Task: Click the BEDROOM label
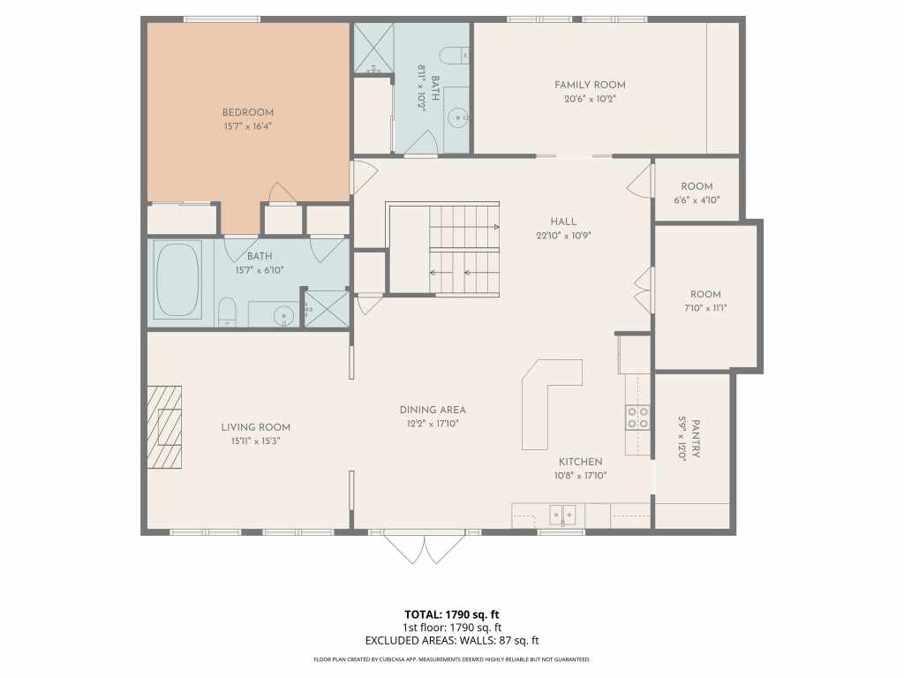(x=248, y=112)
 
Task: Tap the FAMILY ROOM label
(x=590, y=85)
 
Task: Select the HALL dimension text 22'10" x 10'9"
(x=564, y=235)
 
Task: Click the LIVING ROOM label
(x=255, y=427)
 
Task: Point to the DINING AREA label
(x=433, y=410)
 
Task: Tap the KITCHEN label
(x=581, y=462)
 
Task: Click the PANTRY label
(x=696, y=439)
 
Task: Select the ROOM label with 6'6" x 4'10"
(x=697, y=186)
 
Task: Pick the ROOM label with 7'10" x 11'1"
(x=705, y=294)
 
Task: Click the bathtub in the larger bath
(x=177, y=279)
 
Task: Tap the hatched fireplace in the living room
(x=165, y=426)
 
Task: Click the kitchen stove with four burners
(x=638, y=418)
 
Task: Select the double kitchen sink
(x=562, y=515)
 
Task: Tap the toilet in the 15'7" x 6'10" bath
(x=228, y=312)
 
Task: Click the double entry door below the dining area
(x=425, y=548)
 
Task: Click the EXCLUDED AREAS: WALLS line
(x=452, y=640)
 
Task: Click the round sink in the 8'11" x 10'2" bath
(x=458, y=117)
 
